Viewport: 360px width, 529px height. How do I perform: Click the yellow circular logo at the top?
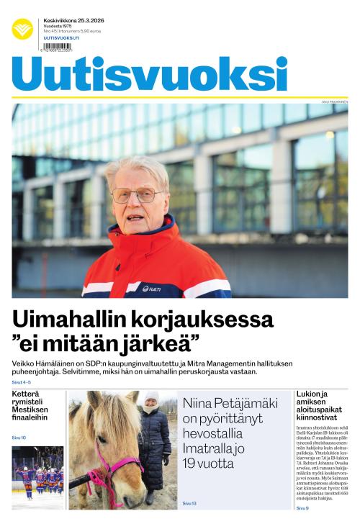click(22, 29)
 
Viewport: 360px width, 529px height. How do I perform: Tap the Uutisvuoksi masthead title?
click(149, 73)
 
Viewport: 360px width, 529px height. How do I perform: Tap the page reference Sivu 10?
click(19, 438)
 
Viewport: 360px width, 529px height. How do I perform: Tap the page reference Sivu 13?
click(189, 503)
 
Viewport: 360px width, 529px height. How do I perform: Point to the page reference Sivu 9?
click(302, 508)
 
